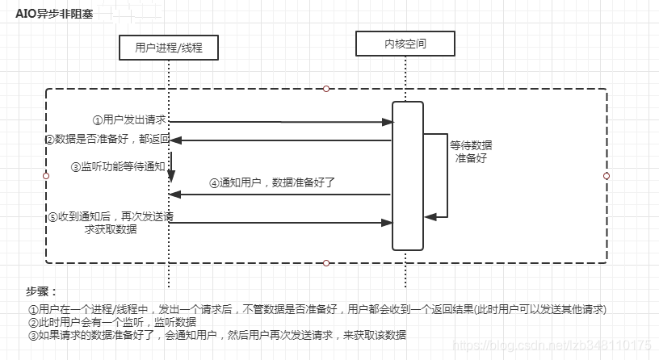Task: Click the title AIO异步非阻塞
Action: coord(54,14)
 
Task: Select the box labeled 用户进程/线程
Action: coord(168,48)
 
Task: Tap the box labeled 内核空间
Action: coord(405,44)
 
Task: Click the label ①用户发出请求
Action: coord(129,119)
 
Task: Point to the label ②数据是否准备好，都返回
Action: coord(107,140)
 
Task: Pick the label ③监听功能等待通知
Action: coord(119,166)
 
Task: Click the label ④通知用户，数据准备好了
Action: coord(272,182)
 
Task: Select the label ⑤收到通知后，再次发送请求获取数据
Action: coord(111,222)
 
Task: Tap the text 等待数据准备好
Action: coord(471,151)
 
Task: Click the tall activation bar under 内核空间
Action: coord(407,175)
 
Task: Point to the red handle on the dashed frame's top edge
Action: coord(326,88)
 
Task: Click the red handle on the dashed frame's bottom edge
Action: coord(326,262)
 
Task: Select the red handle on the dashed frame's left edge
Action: coord(45,175)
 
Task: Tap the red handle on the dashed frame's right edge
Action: coord(606,175)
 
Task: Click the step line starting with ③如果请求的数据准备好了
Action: coord(216,335)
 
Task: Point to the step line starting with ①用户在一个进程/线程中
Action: coord(317,309)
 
